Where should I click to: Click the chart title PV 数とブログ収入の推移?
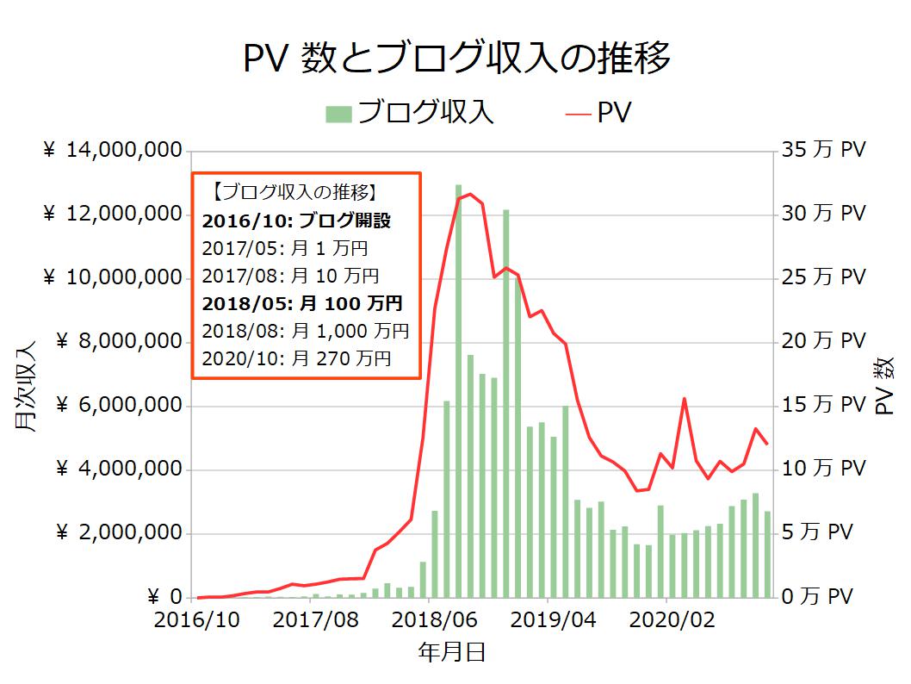click(x=456, y=59)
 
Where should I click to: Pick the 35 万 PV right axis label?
click(x=823, y=151)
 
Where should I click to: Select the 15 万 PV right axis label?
click(x=823, y=406)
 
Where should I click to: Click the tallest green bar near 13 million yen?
click(x=458, y=388)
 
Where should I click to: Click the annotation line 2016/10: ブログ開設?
click(x=296, y=221)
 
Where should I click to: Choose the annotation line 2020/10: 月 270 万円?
click(x=296, y=358)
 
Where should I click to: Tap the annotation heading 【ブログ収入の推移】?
click(x=293, y=192)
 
